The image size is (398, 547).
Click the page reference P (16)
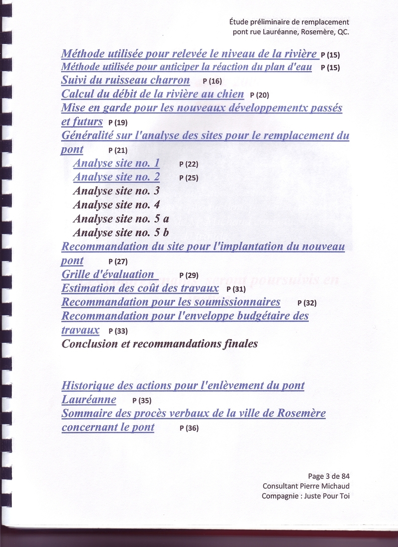pyautogui.click(x=212, y=81)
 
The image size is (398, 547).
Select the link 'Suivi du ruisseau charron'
pyautogui.click(x=125, y=80)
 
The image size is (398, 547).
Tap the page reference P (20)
pyautogui.click(x=259, y=95)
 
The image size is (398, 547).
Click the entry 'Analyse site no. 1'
pyautogui.click(x=116, y=163)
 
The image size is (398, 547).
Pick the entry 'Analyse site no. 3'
pyautogui.click(x=116, y=190)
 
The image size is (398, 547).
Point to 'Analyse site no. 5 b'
pyautogui.click(x=121, y=232)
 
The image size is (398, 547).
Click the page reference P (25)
pyautogui.click(x=189, y=178)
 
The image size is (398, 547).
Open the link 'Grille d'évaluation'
pyautogui.click(x=108, y=274)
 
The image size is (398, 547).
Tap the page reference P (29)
pyautogui.click(x=189, y=275)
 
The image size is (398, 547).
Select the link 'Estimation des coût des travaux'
pyautogui.click(x=140, y=288)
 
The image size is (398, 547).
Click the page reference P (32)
pyautogui.click(x=306, y=303)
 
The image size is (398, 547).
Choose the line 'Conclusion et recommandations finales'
pyautogui.click(x=159, y=344)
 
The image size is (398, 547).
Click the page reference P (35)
pyautogui.click(x=142, y=400)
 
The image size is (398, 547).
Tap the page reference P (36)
pyautogui.click(x=189, y=428)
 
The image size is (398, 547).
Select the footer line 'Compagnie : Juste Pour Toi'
pyautogui.click(x=305, y=496)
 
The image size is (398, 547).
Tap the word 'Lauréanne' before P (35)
pyautogui.click(x=89, y=399)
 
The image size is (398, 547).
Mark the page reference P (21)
pyautogui.click(x=117, y=150)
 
